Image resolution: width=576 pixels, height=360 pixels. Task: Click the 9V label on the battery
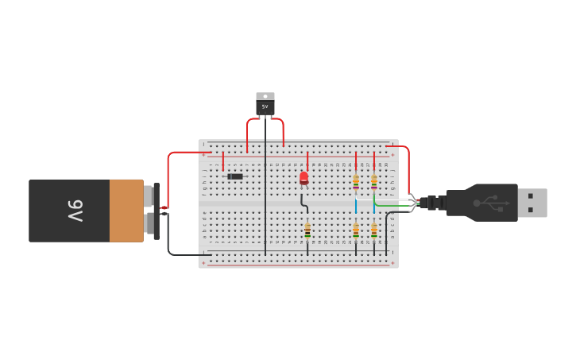(x=75, y=211)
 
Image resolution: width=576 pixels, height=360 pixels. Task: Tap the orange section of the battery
(x=126, y=211)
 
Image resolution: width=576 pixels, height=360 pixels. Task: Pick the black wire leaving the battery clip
(x=169, y=238)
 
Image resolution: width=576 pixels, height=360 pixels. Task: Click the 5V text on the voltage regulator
(x=265, y=106)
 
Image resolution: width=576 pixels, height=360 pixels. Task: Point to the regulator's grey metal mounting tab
(x=265, y=96)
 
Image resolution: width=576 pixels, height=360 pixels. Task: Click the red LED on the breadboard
(x=303, y=177)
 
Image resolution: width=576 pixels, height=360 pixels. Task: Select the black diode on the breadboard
(x=235, y=176)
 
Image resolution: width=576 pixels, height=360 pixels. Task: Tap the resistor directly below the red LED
(x=307, y=230)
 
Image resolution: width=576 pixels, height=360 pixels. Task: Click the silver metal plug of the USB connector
(x=532, y=203)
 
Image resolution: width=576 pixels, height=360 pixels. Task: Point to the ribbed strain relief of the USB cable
(x=435, y=203)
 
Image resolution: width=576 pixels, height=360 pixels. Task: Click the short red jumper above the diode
(x=222, y=162)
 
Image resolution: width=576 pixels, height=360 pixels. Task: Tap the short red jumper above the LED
(x=307, y=161)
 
